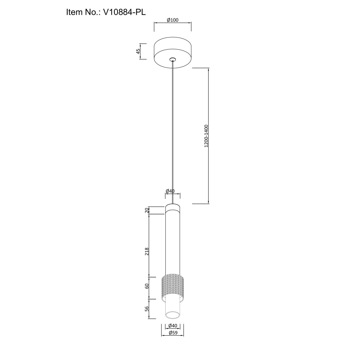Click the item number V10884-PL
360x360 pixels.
[x=124, y=12]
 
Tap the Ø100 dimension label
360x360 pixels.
[x=172, y=20]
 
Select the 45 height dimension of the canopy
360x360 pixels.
[x=138, y=51]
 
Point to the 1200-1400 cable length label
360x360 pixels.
[x=206, y=136]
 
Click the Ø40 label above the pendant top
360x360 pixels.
[x=170, y=191]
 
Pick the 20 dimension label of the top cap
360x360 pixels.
[x=147, y=210]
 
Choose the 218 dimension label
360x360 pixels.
[x=147, y=251]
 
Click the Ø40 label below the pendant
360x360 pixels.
[x=172, y=325]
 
